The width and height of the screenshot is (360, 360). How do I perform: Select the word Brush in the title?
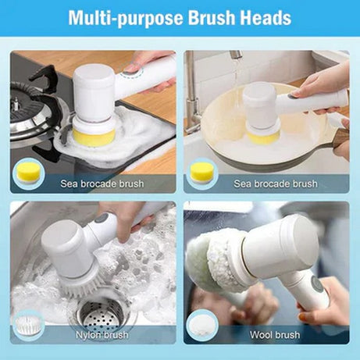207,18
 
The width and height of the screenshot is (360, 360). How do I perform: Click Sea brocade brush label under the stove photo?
103,184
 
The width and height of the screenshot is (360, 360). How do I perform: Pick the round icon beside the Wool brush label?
202,323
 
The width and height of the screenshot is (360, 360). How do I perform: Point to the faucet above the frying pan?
233,70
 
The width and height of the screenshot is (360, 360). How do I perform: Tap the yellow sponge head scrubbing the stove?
94,135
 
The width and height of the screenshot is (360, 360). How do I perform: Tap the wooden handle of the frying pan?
341,141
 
